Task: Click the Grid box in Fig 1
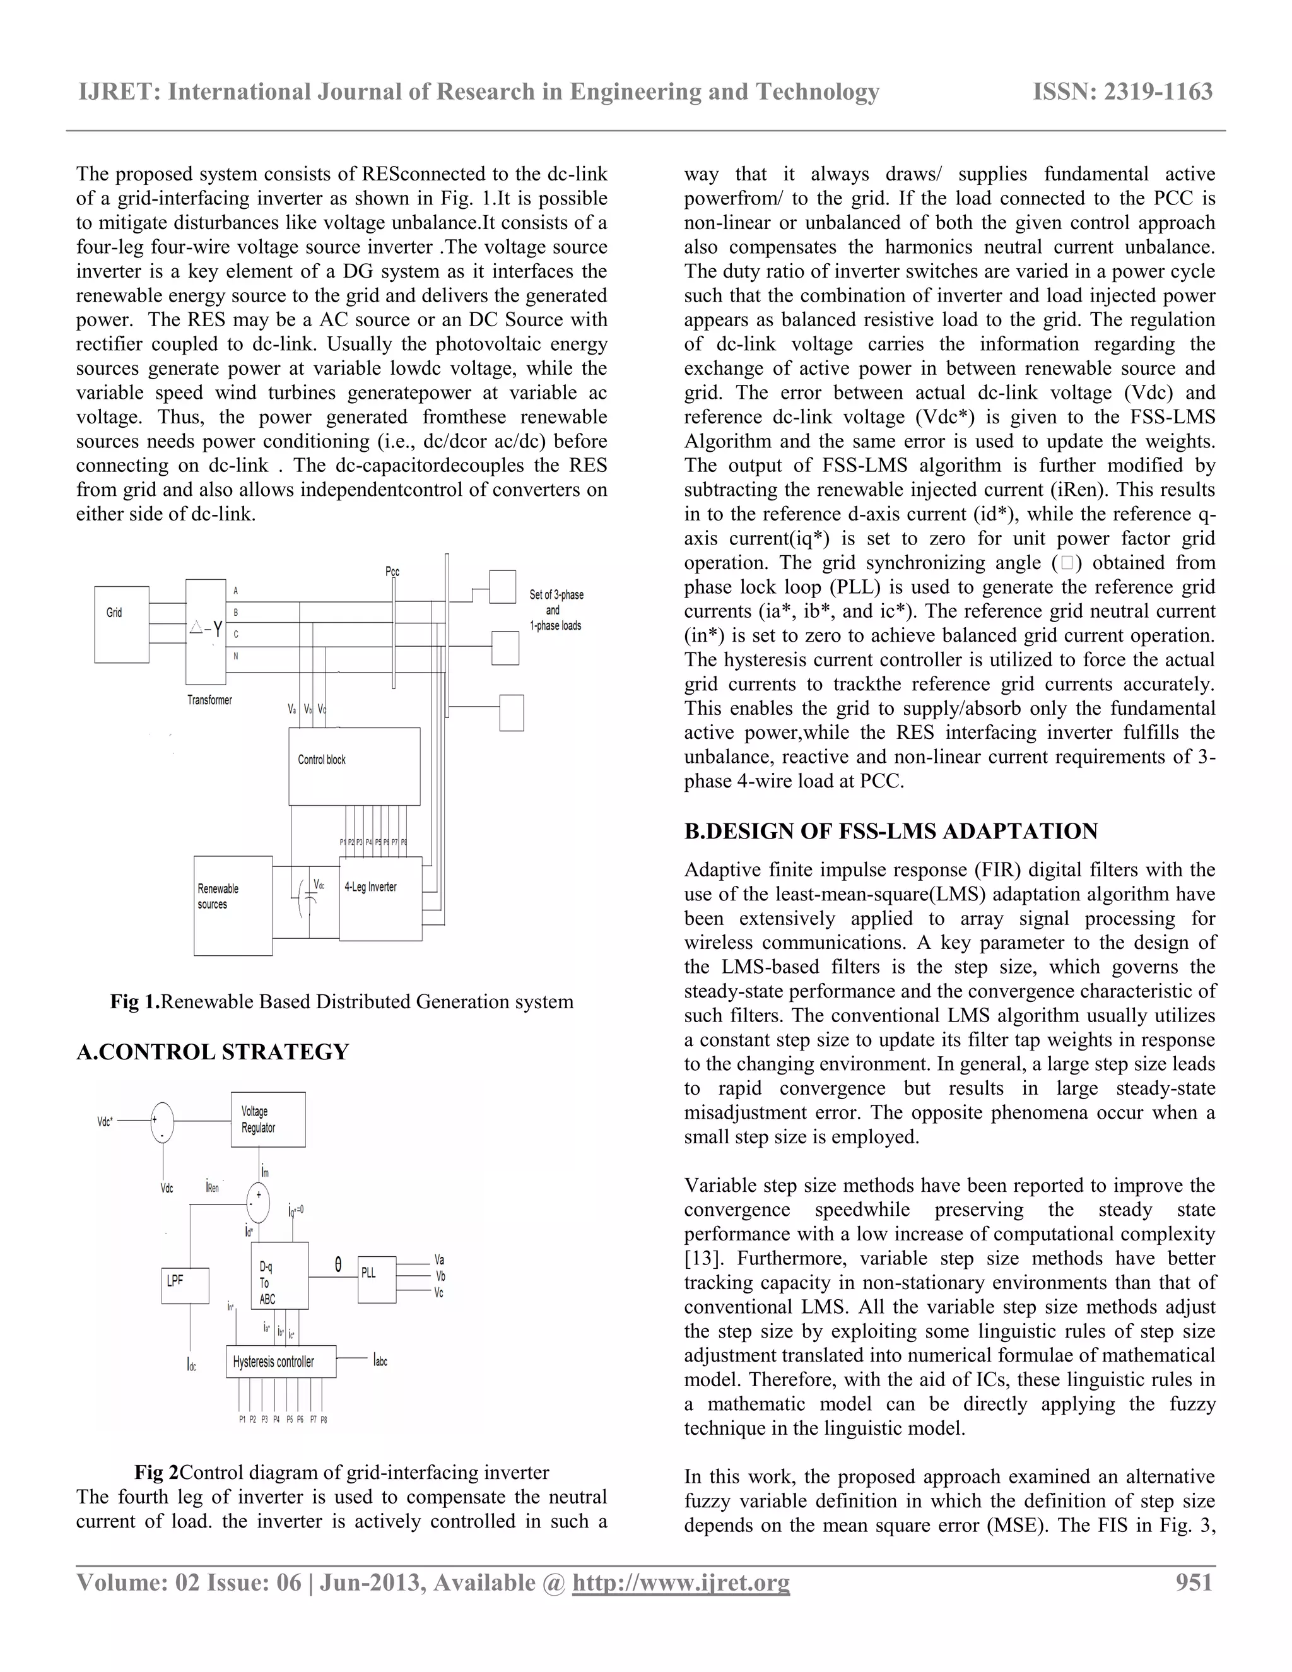pyautogui.click(x=121, y=624)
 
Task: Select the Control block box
pyautogui.click(x=354, y=765)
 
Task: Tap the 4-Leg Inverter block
pyautogui.click(x=380, y=898)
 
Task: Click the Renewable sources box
pyautogui.click(x=233, y=905)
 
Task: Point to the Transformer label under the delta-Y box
pyautogui.click(x=209, y=700)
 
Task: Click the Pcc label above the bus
pyautogui.click(x=392, y=571)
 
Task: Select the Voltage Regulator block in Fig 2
pyautogui.click(x=268, y=1119)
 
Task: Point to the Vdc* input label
pyautogui.click(x=105, y=1122)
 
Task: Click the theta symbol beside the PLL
pyautogui.click(x=338, y=1266)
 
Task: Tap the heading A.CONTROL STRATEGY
pyautogui.click(x=212, y=1052)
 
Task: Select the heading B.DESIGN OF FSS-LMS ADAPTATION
pyautogui.click(x=890, y=832)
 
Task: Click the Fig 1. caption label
pyautogui.click(x=135, y=1001)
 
